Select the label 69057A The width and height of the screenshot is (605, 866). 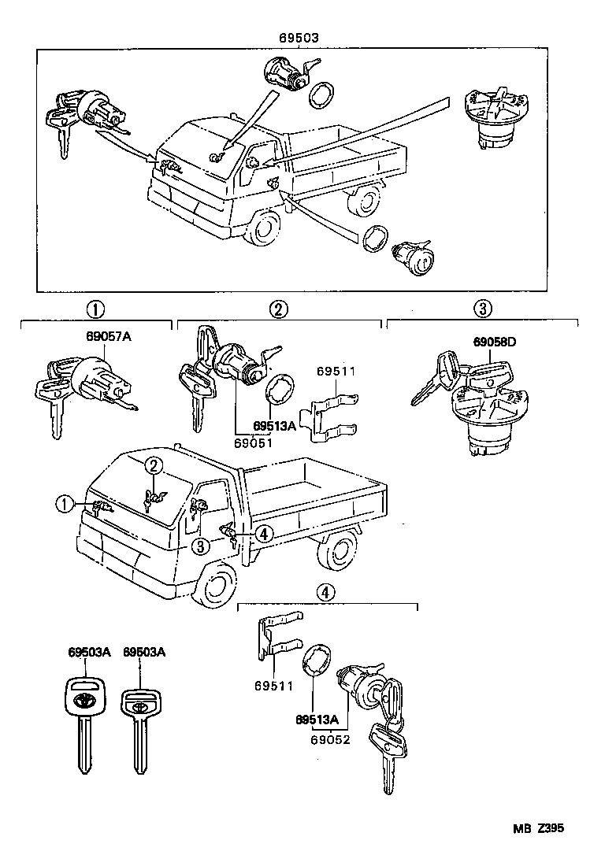(x=109, y=337)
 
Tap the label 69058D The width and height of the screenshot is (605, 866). (x=494, y=342)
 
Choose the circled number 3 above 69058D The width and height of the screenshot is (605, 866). (x=483, y=309)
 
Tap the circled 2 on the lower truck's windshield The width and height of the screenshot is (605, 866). (x=154, y=466)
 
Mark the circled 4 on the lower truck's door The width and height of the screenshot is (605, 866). (x=264, y=535)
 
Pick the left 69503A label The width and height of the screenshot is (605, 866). (x=88, y=653)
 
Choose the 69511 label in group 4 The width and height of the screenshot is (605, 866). (x=273, y=686)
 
